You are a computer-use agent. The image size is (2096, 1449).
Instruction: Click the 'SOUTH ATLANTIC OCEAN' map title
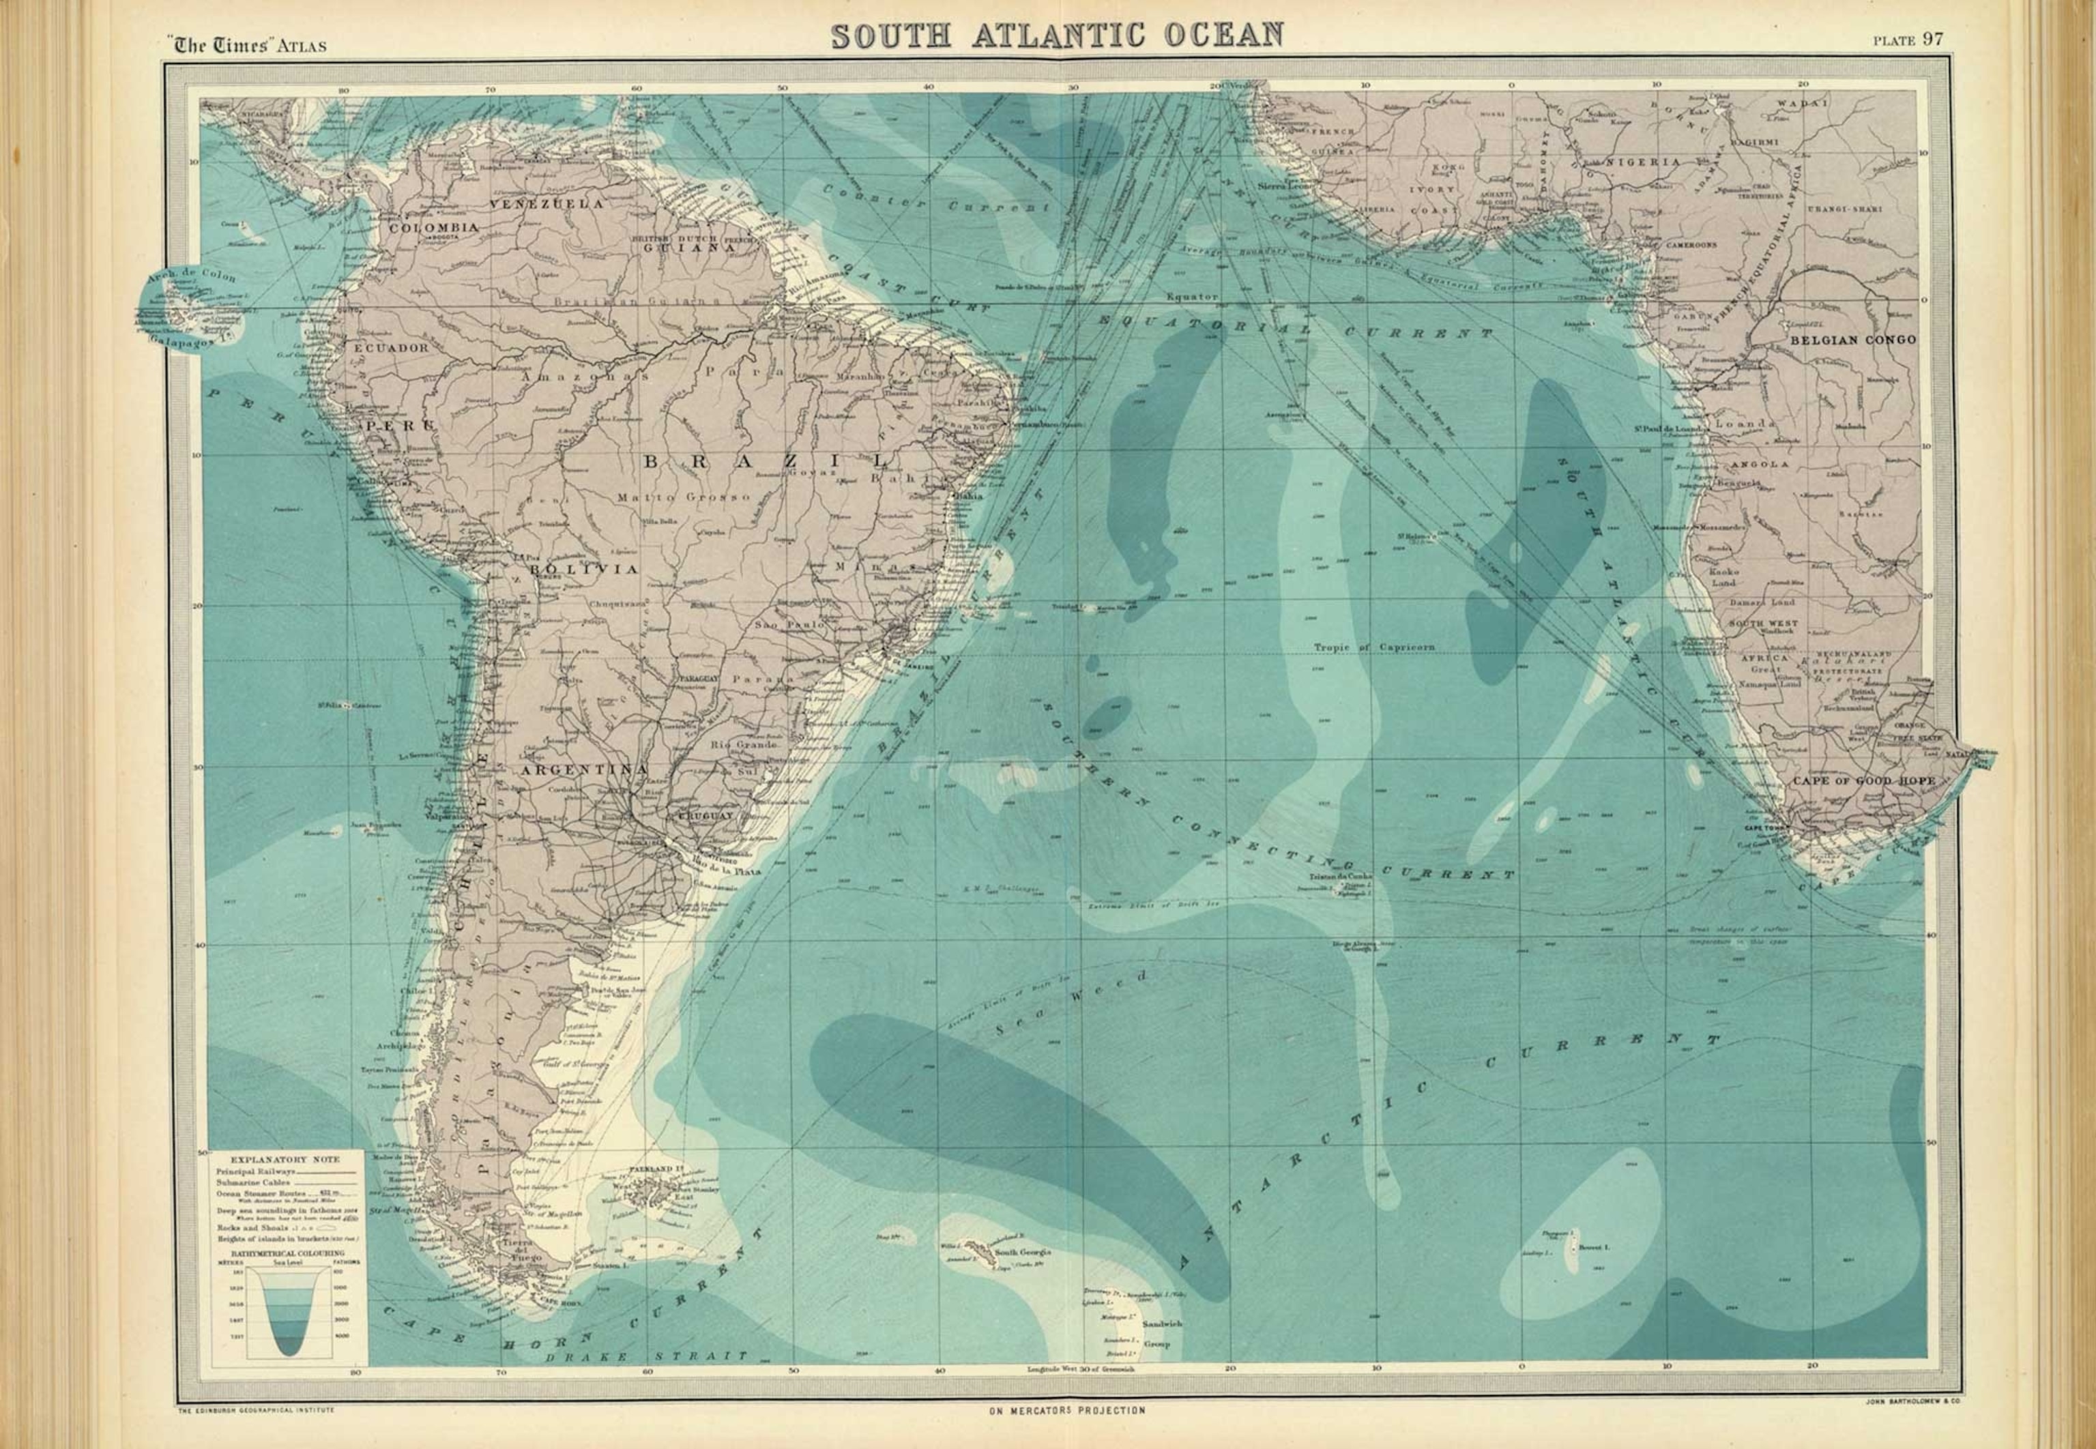coord(1057,35)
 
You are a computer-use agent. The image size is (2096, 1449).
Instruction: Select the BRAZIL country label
coord(766,461)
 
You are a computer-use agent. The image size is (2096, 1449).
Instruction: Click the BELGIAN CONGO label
coord(1852,340)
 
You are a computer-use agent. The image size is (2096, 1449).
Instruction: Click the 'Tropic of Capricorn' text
coord(1374,647)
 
